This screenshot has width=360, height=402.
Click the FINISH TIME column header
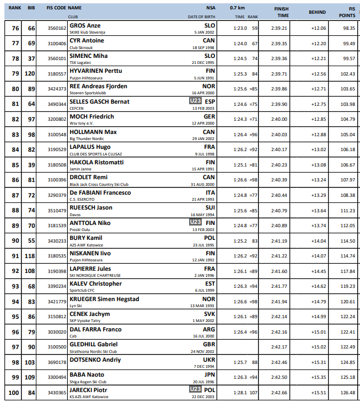tap(281, 12)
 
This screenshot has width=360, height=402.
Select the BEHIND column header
tap(317, 12)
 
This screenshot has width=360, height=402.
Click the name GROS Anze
tap(85, 25)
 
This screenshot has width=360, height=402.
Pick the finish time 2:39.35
tap(280, 43)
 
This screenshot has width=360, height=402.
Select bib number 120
tap(31, 73)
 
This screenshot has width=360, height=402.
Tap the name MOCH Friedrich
tap(92, 116)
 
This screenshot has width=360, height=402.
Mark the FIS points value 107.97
tap(347, 180)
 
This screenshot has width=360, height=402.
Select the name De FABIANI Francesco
tap(100, 192)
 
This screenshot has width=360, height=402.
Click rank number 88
tap(15, 210)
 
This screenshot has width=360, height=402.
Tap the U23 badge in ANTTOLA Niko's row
tap(195, 222)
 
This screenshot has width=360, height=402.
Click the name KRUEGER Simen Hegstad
tap(104, 299)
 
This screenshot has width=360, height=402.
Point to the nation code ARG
tap(209, 329)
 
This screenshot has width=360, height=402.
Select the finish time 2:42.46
tap(280, 362)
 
